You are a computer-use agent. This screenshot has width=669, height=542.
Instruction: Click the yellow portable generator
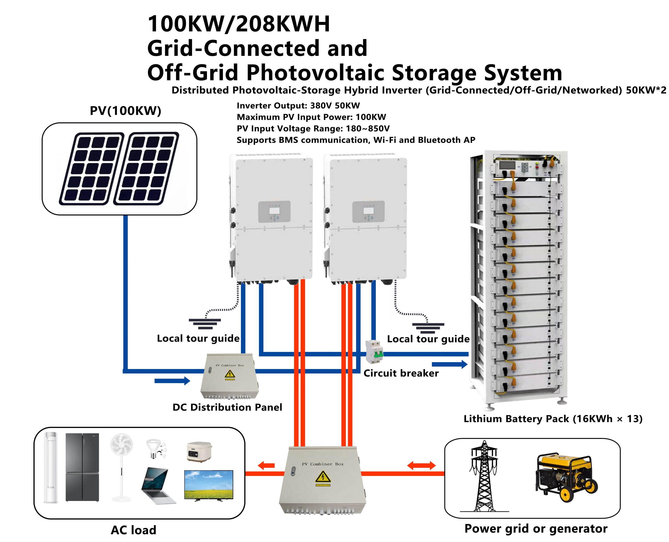click(x=566, y=478)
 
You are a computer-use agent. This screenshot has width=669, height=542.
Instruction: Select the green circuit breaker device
click(x=374, y=352)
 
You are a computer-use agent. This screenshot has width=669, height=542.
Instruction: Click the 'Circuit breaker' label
click(x=401, y=373)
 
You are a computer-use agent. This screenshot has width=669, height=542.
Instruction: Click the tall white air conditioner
click(x=51, y=467)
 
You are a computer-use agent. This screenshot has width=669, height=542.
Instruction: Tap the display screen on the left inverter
click(x=274, y=211)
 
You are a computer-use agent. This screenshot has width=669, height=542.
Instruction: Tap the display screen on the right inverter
click(x=368, y=211)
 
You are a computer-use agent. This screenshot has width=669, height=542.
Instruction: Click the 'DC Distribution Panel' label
click(x=227, y=407)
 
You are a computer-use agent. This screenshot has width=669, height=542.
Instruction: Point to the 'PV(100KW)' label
click(x=125, y=111)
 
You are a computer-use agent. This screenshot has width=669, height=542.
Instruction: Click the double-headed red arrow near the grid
click(x=421, y=465)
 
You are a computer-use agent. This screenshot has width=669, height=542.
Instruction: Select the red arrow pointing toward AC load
click(x=266, y=465)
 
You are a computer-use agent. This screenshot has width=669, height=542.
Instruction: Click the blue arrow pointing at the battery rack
click(x=449, y=364)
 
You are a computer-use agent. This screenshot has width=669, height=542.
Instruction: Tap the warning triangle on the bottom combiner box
click(x=323, y=477)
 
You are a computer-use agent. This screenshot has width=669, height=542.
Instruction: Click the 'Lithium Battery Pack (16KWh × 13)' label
click(x=553, y=419)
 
